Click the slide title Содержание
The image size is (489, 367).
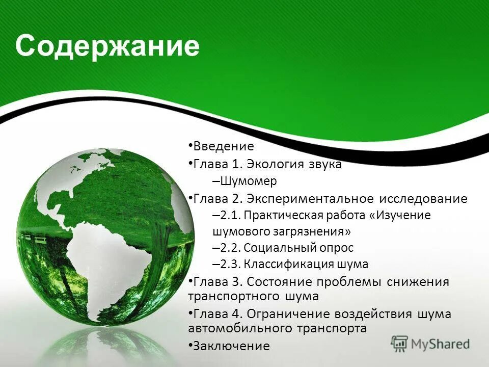(107, 47)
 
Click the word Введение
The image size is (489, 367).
(223, 147)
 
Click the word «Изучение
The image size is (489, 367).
(403, 216)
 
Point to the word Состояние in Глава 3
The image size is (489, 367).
(279, 282)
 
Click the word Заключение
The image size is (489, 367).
(231, 346)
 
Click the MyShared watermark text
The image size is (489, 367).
(440, 344)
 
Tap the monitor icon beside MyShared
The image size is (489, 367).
(400, 344)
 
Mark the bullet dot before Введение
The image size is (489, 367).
(190, 146)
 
